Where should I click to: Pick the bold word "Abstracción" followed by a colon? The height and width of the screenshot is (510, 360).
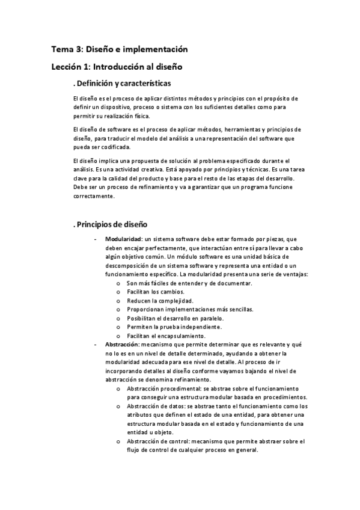coord(124,344)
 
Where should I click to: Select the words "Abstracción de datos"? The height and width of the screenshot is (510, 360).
coord(153,407)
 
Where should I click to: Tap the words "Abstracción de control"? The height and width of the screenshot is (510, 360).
coord(155,441)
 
